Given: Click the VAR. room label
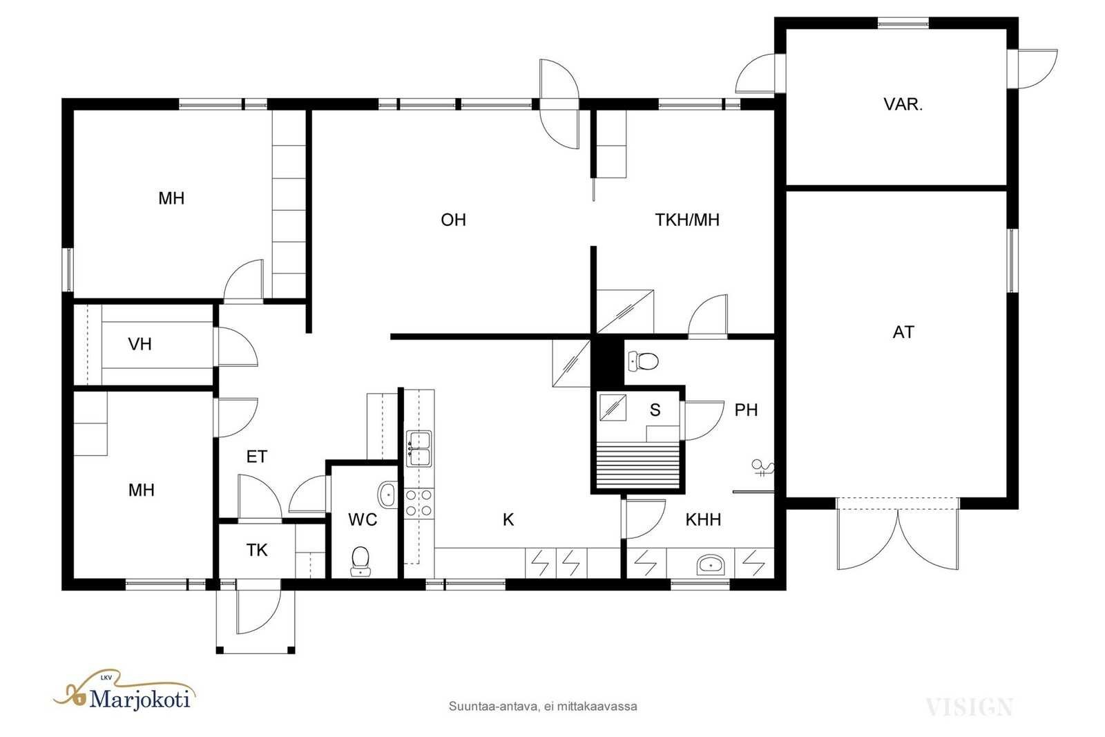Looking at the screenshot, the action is (903, 104).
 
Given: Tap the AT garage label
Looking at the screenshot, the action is (903, 332).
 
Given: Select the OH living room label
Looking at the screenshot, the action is (453, 220).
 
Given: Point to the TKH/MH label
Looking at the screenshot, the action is (687, 220).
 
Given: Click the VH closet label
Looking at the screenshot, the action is (140, 344).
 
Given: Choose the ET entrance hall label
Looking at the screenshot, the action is (256, 457).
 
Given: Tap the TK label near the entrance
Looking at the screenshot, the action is (256, 550).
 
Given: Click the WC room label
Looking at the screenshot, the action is (363, 519).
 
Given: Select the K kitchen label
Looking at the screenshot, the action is (508, 519).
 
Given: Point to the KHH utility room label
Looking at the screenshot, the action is (703, 519).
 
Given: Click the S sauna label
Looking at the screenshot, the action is (655, 410).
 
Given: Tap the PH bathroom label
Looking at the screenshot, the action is (746, 410).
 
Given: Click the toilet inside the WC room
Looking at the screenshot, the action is (361, 561).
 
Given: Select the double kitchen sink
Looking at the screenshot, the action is (419, 448).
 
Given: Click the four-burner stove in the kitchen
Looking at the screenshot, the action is (419, 503).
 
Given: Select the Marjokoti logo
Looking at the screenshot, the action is (124, 691).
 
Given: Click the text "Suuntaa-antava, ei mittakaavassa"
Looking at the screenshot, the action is (543, 707).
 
